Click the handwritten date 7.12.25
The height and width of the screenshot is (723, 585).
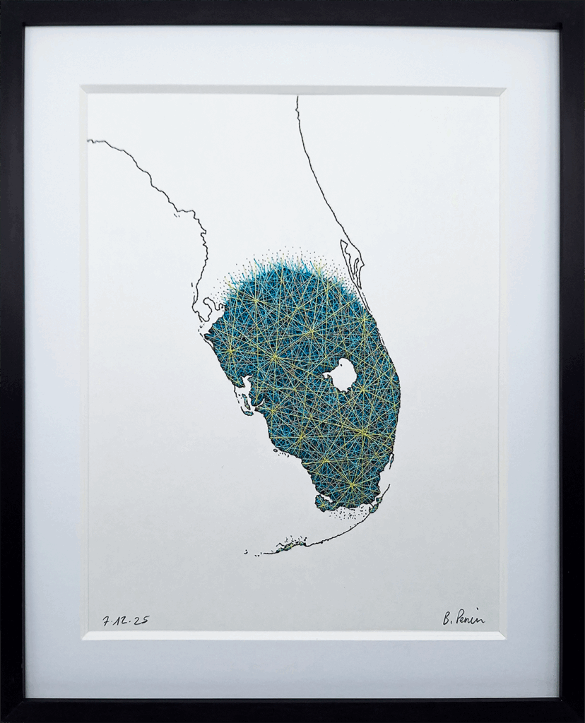(126, 620)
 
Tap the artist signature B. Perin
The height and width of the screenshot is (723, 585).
(463, 618)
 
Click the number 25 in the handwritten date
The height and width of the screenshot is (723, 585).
(141, 620)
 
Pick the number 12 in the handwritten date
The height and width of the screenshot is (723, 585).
(122, 620)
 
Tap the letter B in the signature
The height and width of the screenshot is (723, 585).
(448, 619)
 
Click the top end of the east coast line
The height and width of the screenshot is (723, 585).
(297, 99)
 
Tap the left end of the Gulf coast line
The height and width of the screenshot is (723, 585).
(90, 141)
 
